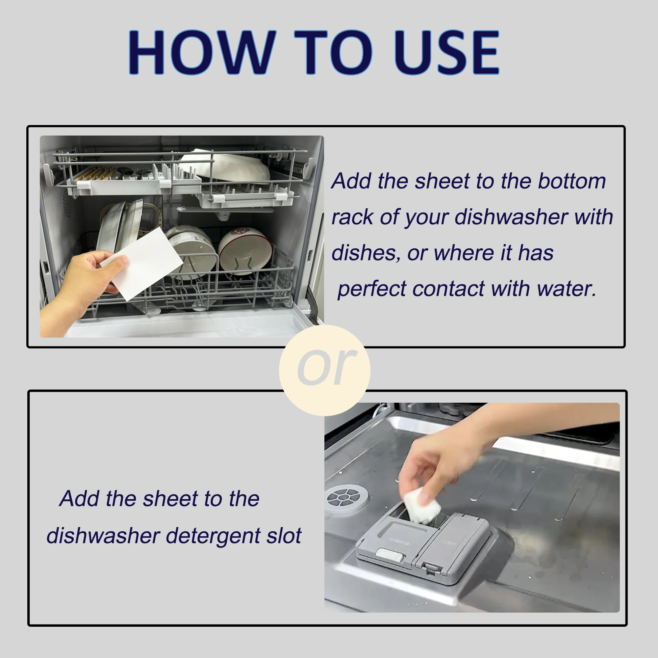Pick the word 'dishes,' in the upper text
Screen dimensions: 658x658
point(366,253)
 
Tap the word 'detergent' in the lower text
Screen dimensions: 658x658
point(213,536)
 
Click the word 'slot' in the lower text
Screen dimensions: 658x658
point(284,536)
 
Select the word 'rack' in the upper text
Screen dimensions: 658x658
point(352,217)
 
